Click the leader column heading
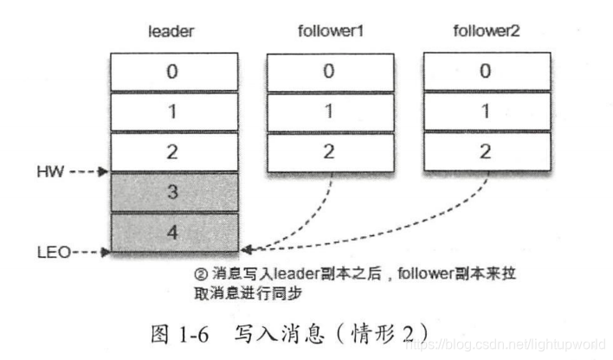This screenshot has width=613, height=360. click(x=172, y=32)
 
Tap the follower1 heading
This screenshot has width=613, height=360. click(x=329, y=32)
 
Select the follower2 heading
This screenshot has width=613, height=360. click(x=486, y=32)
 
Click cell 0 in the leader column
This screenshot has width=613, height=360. click(x=173, y=72)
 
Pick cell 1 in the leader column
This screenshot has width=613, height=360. click(x=173, y=112)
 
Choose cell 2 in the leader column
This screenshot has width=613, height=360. click(x=173, y=151)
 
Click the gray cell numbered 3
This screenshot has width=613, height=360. click(x=173, y=192)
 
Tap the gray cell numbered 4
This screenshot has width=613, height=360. click(x=173, y=232)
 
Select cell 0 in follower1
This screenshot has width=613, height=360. click(x=329, y=72)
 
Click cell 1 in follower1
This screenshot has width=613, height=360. click(x=329, y=112)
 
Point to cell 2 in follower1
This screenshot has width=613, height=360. click(x=329, y=151)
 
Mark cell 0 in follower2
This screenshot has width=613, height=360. click(x=486, y=72)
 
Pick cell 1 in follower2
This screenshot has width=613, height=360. click(x=486, y=112)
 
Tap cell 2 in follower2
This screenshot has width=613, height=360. click(x=486, y=151)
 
